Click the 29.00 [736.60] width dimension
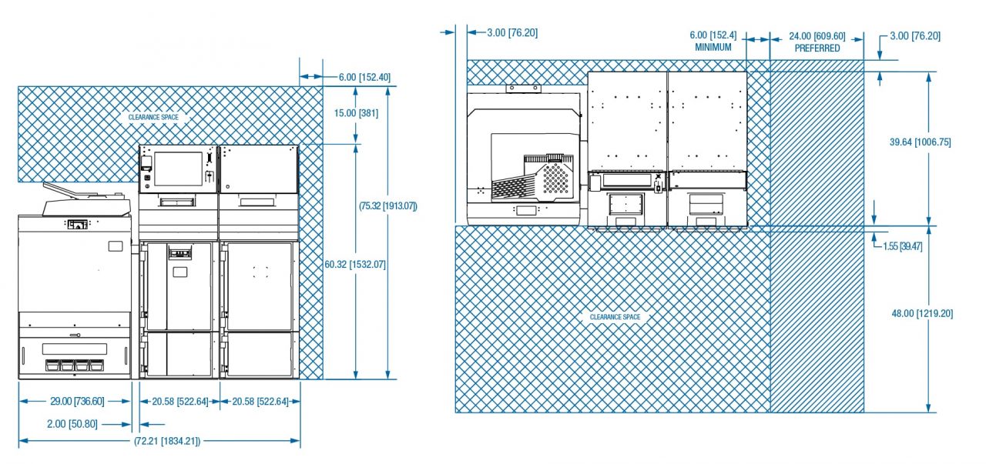[x=77, y=401]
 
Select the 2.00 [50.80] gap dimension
[x=72, y=424]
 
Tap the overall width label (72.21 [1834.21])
[x=167, y=441]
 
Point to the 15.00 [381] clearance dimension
[x=356, y=113]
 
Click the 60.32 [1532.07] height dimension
[x=355, y=265]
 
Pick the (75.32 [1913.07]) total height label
[x=387, y=205]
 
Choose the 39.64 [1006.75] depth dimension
[x=920, y=142]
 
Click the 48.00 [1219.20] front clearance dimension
[x=922, y=314]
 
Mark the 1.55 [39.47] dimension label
[x=902, y=246]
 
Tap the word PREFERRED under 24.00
[x=817, y=48]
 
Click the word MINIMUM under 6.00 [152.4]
[x=713, y=47]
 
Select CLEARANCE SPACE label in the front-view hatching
[x=153, y=117]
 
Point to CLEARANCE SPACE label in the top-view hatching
[x=615, y=317]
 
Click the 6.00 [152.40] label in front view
[x=364, y=78]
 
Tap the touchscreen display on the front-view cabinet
[x=178, y=169]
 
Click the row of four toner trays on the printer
[x=75, y=365]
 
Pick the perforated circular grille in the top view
[x=555, y=178]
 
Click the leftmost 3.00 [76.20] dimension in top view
[x=512, y=32]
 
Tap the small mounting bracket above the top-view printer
[x=523, y=88]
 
